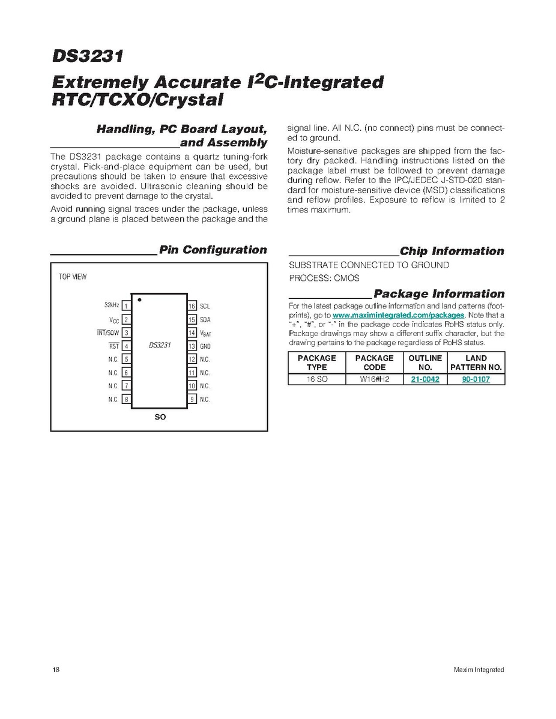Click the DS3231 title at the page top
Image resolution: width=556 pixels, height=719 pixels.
87,57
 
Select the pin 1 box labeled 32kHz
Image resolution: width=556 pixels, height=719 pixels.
126,306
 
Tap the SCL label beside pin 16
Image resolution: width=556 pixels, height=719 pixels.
205,306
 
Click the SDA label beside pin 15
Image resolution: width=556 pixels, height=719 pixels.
205,319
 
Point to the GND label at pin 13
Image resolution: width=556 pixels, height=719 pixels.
205,346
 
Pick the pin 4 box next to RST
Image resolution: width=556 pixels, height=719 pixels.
126,346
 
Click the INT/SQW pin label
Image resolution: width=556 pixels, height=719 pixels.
109,332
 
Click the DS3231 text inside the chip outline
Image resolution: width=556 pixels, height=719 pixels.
160,346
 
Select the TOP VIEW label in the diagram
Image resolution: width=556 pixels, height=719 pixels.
72,277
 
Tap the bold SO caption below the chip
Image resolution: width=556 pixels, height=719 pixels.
160,417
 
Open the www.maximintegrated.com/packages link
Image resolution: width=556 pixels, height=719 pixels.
398,315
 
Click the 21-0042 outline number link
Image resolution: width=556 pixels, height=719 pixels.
425,379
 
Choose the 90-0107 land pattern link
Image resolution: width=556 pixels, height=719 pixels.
476,379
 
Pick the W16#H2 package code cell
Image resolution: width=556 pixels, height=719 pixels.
375,379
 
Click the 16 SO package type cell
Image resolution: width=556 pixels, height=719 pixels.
316,379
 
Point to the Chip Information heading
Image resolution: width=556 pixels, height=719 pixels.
452,251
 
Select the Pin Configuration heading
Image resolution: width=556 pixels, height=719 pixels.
213,250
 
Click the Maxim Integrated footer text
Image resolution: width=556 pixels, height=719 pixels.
479,670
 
